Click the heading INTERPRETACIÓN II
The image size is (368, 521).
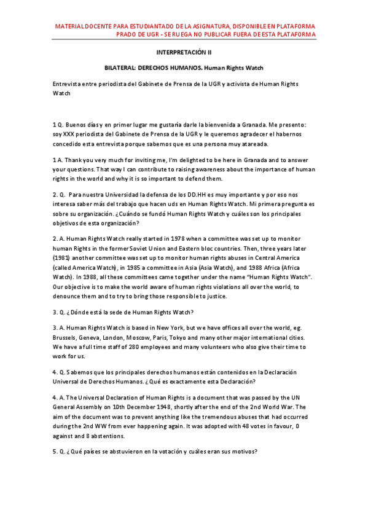184,53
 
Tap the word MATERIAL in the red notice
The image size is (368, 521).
71,26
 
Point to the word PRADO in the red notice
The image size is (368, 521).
128,34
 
